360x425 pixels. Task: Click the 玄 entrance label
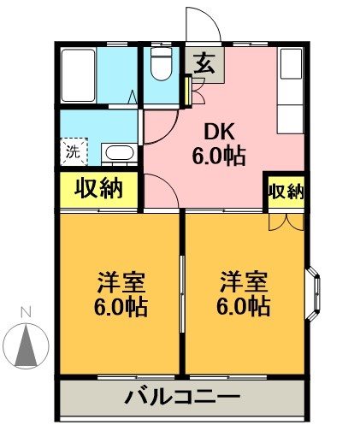pyautogui.click(x=204, y=62)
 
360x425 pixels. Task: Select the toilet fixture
pyautogui.click(x=160, y=62)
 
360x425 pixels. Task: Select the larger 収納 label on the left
pyautogui.click(x=98, y=187)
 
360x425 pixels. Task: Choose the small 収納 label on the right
pyautogui.click(x=285, y=192)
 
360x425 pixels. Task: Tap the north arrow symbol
pyautogui.click(x=27, y=344)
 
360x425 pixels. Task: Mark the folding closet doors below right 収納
pyautogui.click(x=284, y=220)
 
